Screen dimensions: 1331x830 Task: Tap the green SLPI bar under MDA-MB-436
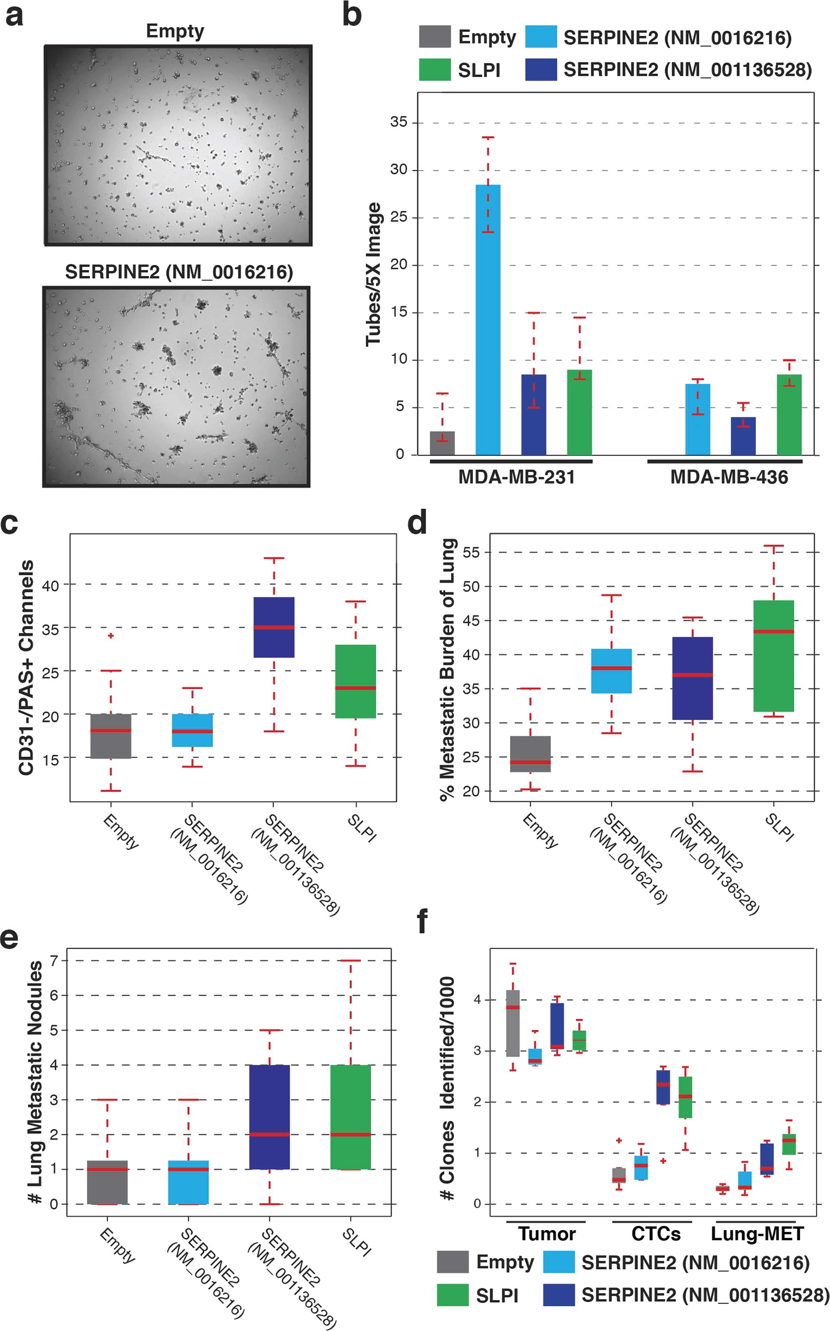(x=789, y=414)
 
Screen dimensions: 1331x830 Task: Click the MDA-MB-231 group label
(x=516, y=477)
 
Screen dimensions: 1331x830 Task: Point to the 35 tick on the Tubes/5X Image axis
(x=399, y=122)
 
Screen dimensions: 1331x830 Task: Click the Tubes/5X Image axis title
(x=374, y=275)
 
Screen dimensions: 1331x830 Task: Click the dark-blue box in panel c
(x=274, y=627)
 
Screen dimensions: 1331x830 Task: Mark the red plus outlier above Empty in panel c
(x=111, y=635)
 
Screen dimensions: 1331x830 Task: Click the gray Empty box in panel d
(x=530, y=753)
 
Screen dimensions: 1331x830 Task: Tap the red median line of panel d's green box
(x=773, y=631)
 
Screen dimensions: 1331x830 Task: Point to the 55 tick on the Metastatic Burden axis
(x=471, y=552)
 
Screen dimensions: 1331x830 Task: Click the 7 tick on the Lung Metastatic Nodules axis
(x=54, y=961)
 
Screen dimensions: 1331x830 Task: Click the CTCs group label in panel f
(x=655, y=1234)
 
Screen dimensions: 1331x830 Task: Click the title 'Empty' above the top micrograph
(x=175, y=31)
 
